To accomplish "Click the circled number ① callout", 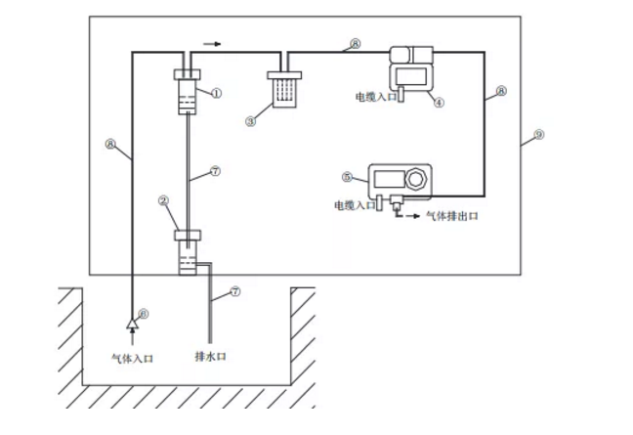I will pyautogui.click(x=216, y=93).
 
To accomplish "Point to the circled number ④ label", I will pyautogui.click(x=439, y=101).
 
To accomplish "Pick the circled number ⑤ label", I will pyautogui.click(x=347, y=178).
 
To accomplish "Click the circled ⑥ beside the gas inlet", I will pyautogui.click(x=144, y=313).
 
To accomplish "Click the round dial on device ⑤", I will pyautogui.click(x=417, y=179).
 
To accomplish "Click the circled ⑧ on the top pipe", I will pyautogui.click(x=355, y=44).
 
